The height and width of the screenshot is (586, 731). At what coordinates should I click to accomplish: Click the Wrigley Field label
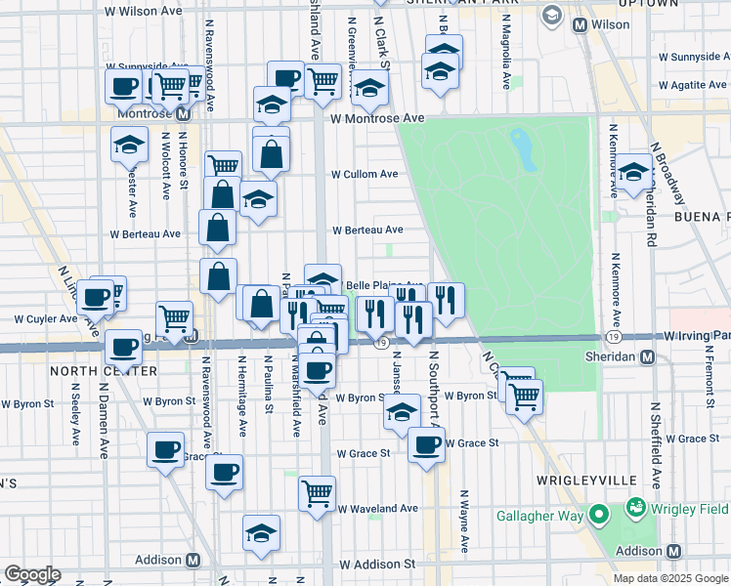(x=690, y=508)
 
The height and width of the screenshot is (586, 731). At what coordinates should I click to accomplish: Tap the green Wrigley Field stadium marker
(x=637, y=508)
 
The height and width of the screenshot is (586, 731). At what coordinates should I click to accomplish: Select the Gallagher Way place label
(x=539, y=515)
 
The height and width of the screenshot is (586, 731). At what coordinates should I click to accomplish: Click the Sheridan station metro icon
(x=647, y=357)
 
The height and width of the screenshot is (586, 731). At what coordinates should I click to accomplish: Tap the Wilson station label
(x=610, y=23)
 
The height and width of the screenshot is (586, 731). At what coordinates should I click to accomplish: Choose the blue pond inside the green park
(x=522, y=148)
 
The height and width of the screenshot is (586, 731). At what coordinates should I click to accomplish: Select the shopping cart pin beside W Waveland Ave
(x=318, y=494)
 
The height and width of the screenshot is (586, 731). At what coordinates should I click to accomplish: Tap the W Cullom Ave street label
(x=365, y=174)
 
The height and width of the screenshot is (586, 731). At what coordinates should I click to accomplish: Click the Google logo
(x=32, y=574)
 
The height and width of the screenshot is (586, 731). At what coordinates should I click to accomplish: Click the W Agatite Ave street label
(x=692, y=85)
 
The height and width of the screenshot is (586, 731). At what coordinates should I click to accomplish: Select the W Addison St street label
(x=377, y=565)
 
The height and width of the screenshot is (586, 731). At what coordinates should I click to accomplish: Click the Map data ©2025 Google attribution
(x=670, y=578)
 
